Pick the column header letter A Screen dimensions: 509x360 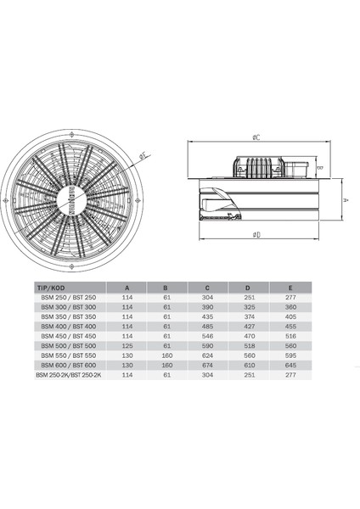pos(127,287)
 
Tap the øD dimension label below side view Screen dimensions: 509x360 pos(256,233)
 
